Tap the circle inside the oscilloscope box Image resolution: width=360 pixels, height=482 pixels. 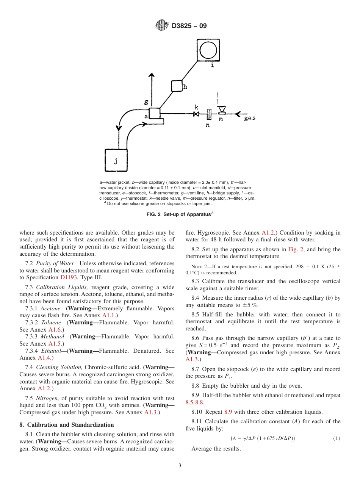(208, 50)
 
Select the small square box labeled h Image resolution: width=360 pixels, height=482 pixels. (177, 86)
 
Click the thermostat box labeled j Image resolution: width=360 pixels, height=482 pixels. (116, 160)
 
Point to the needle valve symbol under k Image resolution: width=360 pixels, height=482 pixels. (196, 114)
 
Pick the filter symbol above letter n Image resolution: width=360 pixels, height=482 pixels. (209, 114)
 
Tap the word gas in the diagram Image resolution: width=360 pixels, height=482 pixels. (250, 118)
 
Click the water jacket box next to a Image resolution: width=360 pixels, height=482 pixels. (155, 113)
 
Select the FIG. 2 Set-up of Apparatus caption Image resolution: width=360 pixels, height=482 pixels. (180, 214)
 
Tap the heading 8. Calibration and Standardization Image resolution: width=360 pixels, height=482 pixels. (66, 425)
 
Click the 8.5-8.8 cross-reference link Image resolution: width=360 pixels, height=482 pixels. (194, 402)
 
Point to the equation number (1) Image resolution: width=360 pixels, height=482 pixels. (337, 438)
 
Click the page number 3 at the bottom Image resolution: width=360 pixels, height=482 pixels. (180, 466)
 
